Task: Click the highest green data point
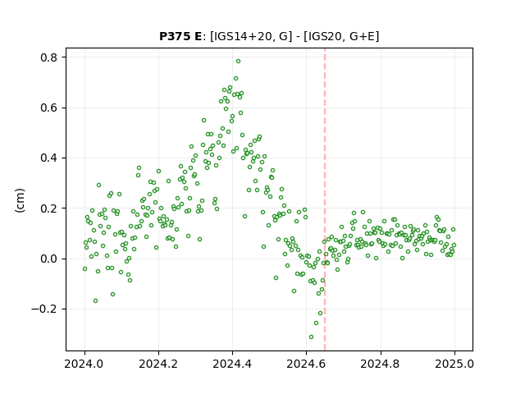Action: click(238, 62)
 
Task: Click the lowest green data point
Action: click(311, 337)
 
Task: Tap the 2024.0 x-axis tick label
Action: click(84, 364)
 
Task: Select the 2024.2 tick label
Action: click(158, 364)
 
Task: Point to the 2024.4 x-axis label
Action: click(232, 364)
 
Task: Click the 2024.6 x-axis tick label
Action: click(306, 364)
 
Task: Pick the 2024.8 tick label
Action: click(380, 364)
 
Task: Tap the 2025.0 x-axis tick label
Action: click(454, 364)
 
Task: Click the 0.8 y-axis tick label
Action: click(49, 57)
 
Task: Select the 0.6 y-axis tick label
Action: click(49, 108)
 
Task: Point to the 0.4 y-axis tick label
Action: click(49, 158)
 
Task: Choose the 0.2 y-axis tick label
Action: click(49, 208)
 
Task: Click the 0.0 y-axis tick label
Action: click(49, 259)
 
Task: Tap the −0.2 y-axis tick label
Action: click(44, 309)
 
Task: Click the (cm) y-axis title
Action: click(20, 200)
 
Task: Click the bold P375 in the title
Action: click(175, 36)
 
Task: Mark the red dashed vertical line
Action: click(325, 199)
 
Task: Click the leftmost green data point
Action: click(84, 268)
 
